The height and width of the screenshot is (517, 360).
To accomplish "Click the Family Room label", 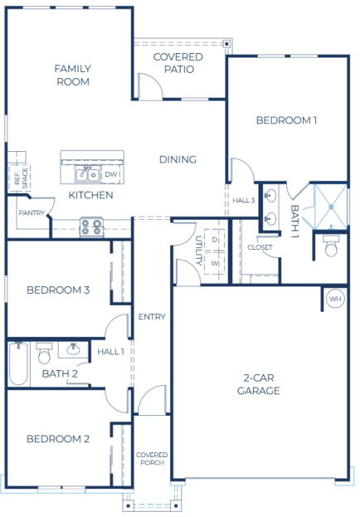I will tap(72, 75).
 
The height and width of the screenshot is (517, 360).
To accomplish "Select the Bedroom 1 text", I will tap(286, 120).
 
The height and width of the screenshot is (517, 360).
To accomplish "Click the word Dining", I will tap(178, 160).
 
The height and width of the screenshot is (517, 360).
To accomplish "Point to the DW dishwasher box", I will tap(111, 174).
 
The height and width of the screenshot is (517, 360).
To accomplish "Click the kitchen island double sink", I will tap(85, 174).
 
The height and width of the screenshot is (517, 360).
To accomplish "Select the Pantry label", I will tap(30, 213).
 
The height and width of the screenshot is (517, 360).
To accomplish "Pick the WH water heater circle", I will tap(334, 299).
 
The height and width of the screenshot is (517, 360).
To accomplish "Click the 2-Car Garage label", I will tap(258, 383).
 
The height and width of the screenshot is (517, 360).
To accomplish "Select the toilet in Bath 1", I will tap(331, 247).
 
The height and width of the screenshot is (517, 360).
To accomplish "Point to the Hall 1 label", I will tap(110, 352).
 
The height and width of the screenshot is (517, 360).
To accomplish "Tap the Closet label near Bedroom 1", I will tap(260, 247).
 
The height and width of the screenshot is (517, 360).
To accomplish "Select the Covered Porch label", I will tap(152, 459).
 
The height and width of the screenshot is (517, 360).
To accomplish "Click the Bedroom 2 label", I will tap(57, 439).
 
